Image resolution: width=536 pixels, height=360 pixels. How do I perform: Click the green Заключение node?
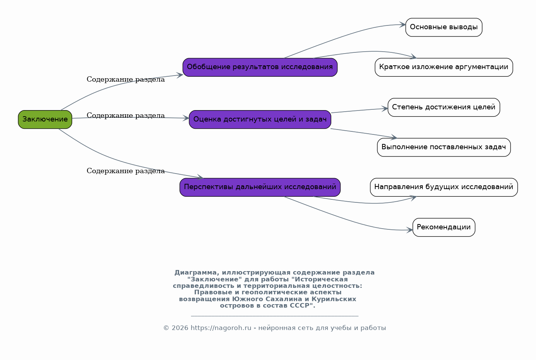tap(45, 119)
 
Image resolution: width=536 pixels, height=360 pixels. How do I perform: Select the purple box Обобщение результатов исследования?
tap(260, 67)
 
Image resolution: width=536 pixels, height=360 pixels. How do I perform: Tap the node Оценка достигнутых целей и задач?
tap(260, 119)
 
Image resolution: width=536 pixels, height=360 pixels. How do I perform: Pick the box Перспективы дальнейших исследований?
tap(260, 187)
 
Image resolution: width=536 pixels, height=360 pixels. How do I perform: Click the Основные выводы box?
tap(444, 27)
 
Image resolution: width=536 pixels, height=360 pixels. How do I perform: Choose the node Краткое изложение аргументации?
tap(444, 67)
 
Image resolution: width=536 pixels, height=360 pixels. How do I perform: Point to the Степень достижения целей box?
tap(444, 107)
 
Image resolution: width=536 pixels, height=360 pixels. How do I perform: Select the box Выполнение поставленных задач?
tap(444, 147)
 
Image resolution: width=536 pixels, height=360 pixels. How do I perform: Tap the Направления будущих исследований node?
tap(444, 187)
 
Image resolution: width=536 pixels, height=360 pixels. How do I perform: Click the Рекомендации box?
tap(444, 227)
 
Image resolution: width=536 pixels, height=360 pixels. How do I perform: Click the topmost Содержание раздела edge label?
tap(126, 79)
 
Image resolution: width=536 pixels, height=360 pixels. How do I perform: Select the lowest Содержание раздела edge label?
tap(126, 171)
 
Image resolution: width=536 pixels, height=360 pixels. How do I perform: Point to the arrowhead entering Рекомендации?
tap(410, 230)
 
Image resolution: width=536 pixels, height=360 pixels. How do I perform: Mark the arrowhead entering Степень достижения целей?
tap(385, 109)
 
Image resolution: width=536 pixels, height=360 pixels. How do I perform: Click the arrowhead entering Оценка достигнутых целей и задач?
tap(186, 118)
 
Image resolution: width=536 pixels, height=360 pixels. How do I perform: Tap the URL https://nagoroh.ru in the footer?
tap(221, 328)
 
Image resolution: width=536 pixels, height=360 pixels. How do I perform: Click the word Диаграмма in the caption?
tap(196, 273)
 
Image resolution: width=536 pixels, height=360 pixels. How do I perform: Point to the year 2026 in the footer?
tap(180, 328)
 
